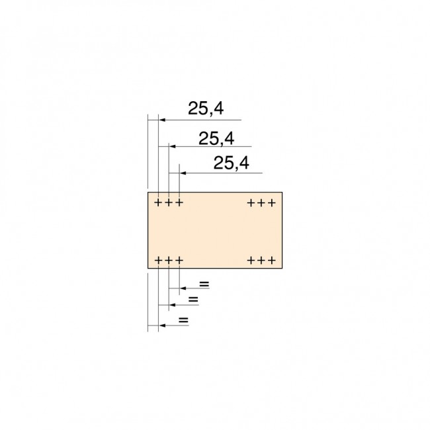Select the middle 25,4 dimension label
pos(216,138)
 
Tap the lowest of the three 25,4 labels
pos(232,163)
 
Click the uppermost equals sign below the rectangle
pos(204,284)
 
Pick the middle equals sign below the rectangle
pos(193,300)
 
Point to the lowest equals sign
pos(184,320)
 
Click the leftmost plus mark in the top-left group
pos(159,202)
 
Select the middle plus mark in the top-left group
pos(169,202)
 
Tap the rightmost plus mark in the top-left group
pos(179,202)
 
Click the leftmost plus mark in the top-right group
pos(251,202)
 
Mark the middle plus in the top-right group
pos(261,202)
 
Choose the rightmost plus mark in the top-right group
pos(271,202)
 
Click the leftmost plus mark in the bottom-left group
pos(159,260)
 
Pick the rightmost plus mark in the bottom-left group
pos(179,260)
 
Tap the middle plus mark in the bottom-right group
pos(261,260)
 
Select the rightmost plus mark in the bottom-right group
pos(271,260)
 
